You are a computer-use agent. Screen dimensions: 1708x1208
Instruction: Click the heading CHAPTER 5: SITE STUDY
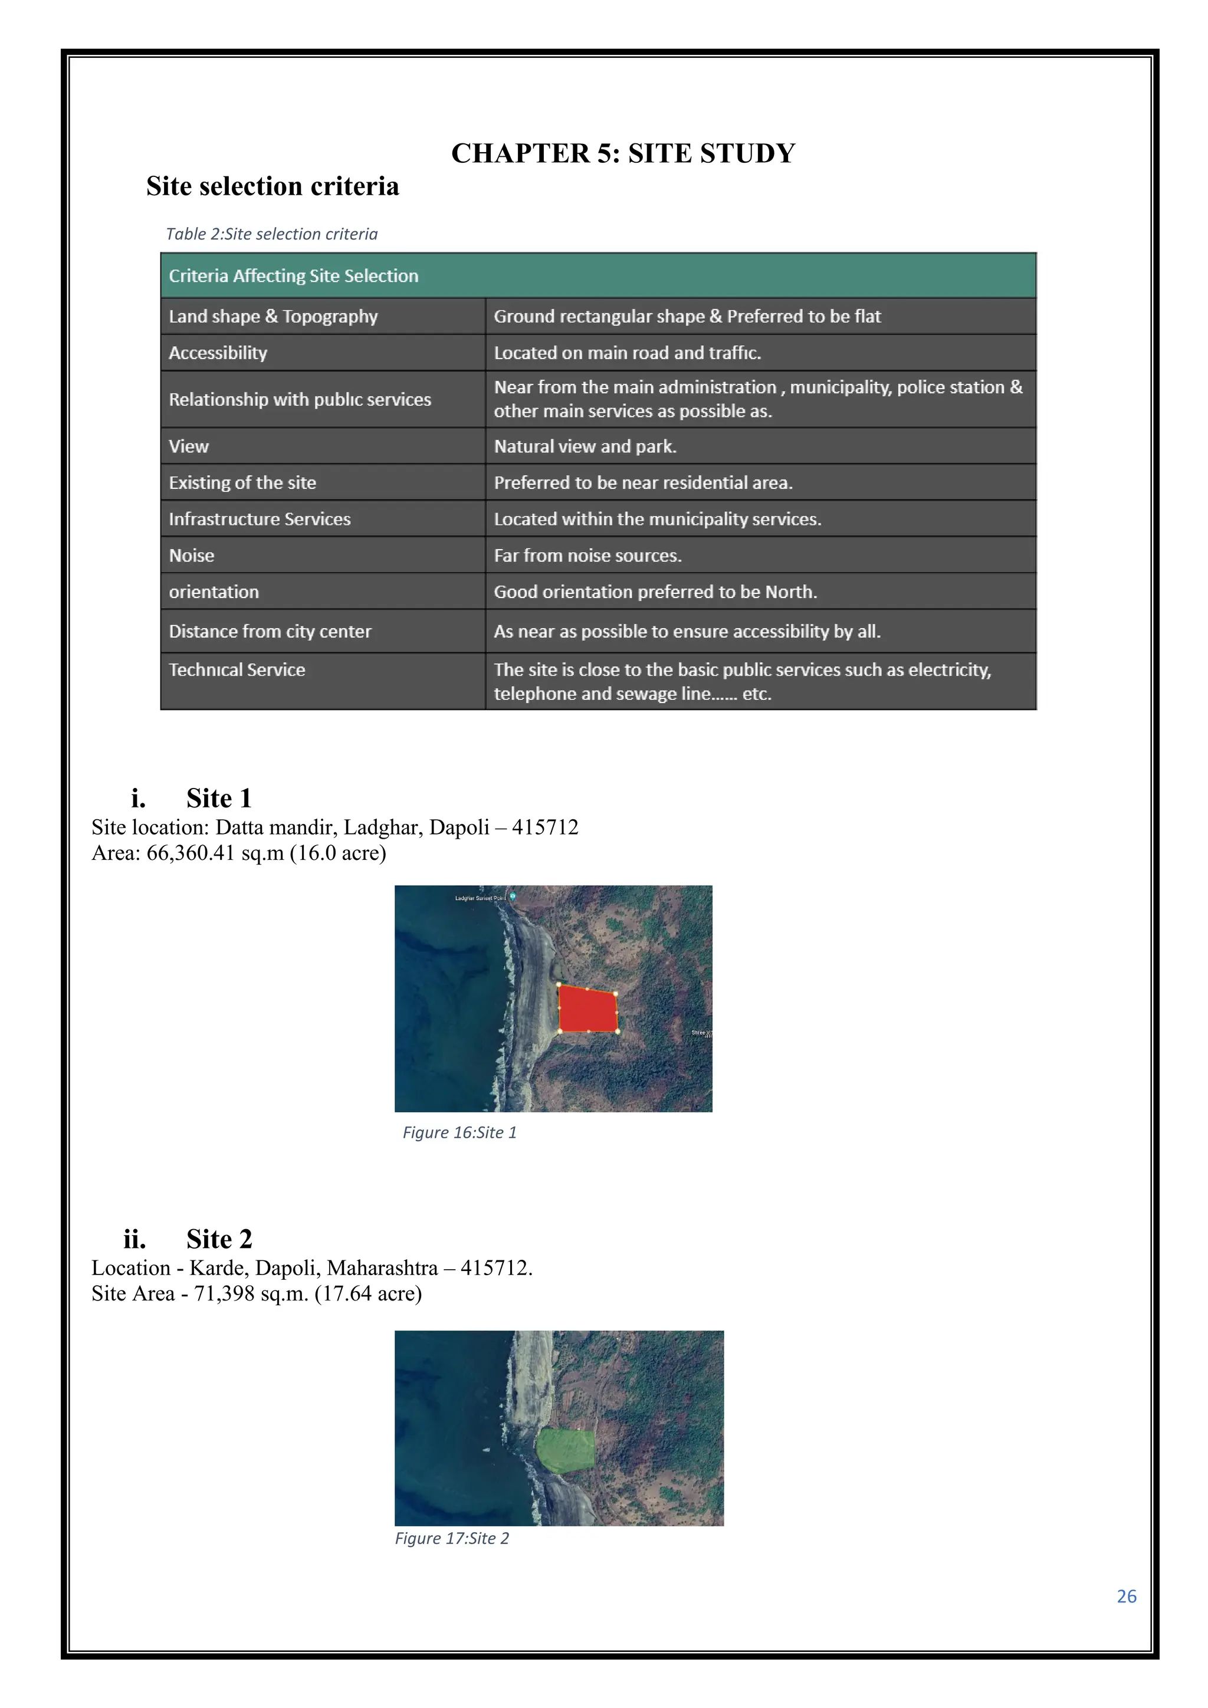[623, 153]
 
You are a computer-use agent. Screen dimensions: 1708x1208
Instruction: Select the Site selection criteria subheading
[273, 186]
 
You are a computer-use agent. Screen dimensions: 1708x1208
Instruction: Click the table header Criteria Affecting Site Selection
[293, 276]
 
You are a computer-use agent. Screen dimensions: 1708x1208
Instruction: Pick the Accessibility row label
[218, 353]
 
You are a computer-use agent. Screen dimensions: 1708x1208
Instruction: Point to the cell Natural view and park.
[585, 446]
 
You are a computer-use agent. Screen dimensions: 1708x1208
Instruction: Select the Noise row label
[191, 556]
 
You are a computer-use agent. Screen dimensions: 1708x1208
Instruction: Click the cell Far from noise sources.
[587, 556]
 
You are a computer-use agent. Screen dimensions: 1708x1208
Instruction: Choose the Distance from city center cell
[270, 632]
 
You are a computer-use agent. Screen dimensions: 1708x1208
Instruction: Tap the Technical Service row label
[237, 669]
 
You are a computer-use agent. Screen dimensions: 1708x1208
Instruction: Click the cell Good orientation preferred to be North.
[655, 592]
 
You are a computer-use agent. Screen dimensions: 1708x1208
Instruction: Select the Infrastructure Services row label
[260, 519]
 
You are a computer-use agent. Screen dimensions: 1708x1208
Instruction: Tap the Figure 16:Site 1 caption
[459, 1132]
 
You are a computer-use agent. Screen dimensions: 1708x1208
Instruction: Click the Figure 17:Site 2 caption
[451, 1538]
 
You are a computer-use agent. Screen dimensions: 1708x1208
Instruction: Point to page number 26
[1126, 1597]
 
